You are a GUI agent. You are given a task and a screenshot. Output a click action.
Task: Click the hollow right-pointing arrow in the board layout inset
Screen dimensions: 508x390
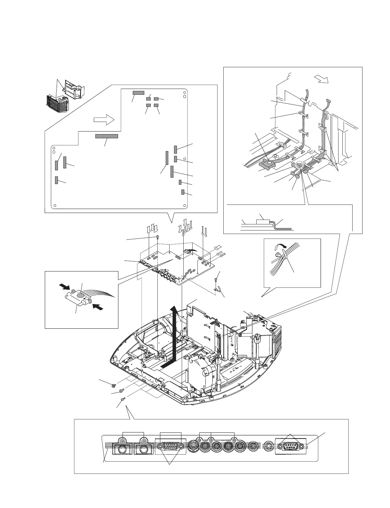click(104, 120)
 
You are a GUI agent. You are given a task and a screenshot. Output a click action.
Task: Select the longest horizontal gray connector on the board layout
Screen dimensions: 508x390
click(107, 136)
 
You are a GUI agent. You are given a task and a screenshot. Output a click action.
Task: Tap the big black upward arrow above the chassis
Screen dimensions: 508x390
click(173, 336)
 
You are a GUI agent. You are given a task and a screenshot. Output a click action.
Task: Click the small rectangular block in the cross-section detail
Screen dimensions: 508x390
click(263, 221)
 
